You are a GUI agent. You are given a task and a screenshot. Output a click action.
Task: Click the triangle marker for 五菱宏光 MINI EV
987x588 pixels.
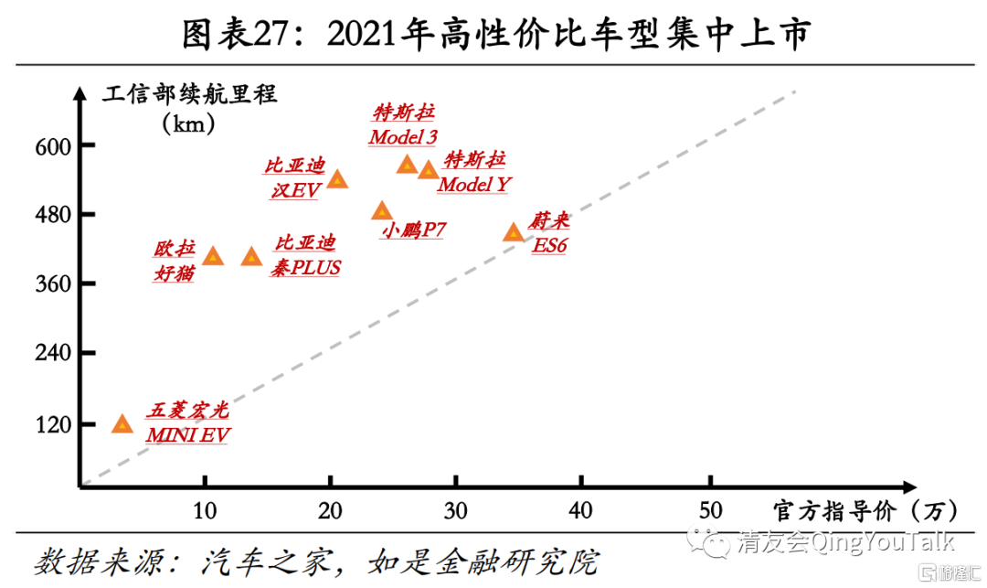tap(122, 424)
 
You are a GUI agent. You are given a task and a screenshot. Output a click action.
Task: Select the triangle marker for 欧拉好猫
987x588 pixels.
tap(213, 256)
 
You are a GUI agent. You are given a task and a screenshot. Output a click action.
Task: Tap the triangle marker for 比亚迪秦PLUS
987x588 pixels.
tap(251, 257)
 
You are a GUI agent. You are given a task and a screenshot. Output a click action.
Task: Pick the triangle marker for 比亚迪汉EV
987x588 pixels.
tap(337, 178)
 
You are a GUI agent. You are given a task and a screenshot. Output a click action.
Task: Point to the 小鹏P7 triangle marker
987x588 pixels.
tap(382, 211)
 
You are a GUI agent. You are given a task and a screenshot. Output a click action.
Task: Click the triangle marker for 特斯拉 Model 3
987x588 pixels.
tap(407, 165)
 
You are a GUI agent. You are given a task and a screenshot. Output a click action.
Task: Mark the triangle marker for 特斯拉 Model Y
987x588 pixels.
tap(428, 170)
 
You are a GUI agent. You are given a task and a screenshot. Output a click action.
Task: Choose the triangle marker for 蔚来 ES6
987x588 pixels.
tap(514, 232)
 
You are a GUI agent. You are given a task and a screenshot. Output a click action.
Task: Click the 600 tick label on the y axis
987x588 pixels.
tap(54, 145)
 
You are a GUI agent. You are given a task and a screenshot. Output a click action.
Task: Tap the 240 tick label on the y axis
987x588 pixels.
tap(54, 353)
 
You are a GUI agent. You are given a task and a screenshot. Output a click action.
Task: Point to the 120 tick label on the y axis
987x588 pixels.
tap(54, 424)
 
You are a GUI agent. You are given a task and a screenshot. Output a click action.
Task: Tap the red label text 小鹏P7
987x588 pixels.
tap(413, 230)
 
